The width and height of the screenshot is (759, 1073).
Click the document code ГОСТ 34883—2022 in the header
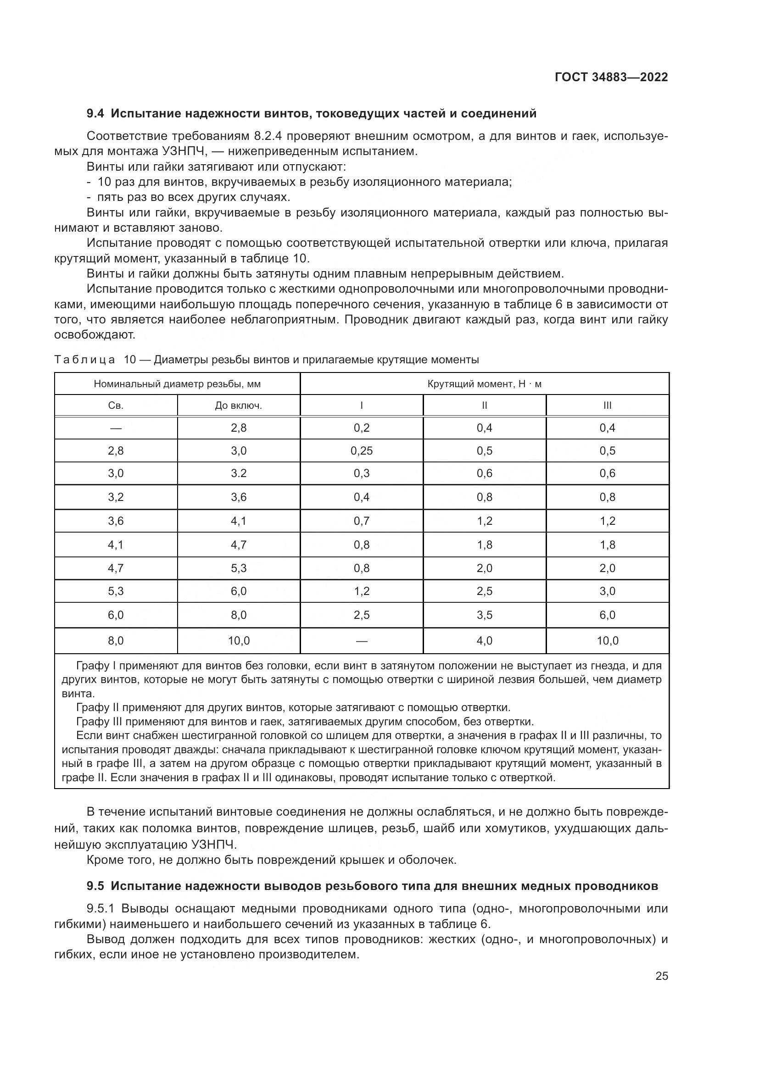point(611,77)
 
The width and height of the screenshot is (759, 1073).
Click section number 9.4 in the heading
point(96,114)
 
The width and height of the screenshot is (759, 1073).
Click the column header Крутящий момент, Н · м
point(484,384)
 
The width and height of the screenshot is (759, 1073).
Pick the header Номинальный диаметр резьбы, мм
point(177,384)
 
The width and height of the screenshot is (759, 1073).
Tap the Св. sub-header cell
point(116,406)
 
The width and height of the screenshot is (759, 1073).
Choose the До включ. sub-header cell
point(238,406)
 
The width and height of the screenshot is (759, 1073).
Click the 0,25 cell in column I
point(361,451)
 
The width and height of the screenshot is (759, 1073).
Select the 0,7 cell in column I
point(361,521)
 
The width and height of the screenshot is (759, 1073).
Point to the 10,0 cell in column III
point(607,641)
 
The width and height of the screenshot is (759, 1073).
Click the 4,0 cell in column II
point(484,641)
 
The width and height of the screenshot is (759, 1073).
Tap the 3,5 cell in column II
point(484,615)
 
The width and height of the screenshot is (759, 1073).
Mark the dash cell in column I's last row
point(361,641)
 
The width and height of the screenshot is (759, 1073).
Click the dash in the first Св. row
point(116,428)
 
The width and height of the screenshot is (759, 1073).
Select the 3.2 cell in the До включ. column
point(238,473)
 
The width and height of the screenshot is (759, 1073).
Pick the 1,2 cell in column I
point(361,591)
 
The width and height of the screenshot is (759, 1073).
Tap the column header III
point(607,406)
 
